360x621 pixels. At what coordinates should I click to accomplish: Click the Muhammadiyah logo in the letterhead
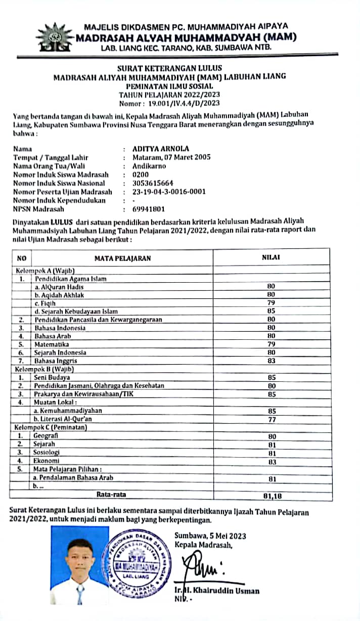[x=55, y=38]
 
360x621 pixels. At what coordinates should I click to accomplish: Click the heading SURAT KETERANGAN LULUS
[x=169, y=68]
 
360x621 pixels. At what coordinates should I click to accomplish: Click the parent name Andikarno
[x=152, y=165]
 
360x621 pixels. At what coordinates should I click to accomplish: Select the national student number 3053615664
[x=153, y=183]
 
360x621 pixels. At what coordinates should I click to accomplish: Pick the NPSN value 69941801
[x=149, y=209]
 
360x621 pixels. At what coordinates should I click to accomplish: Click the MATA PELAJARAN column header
[x=122, y=258]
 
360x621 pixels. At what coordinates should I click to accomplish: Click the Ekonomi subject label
[x=47, y=461]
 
